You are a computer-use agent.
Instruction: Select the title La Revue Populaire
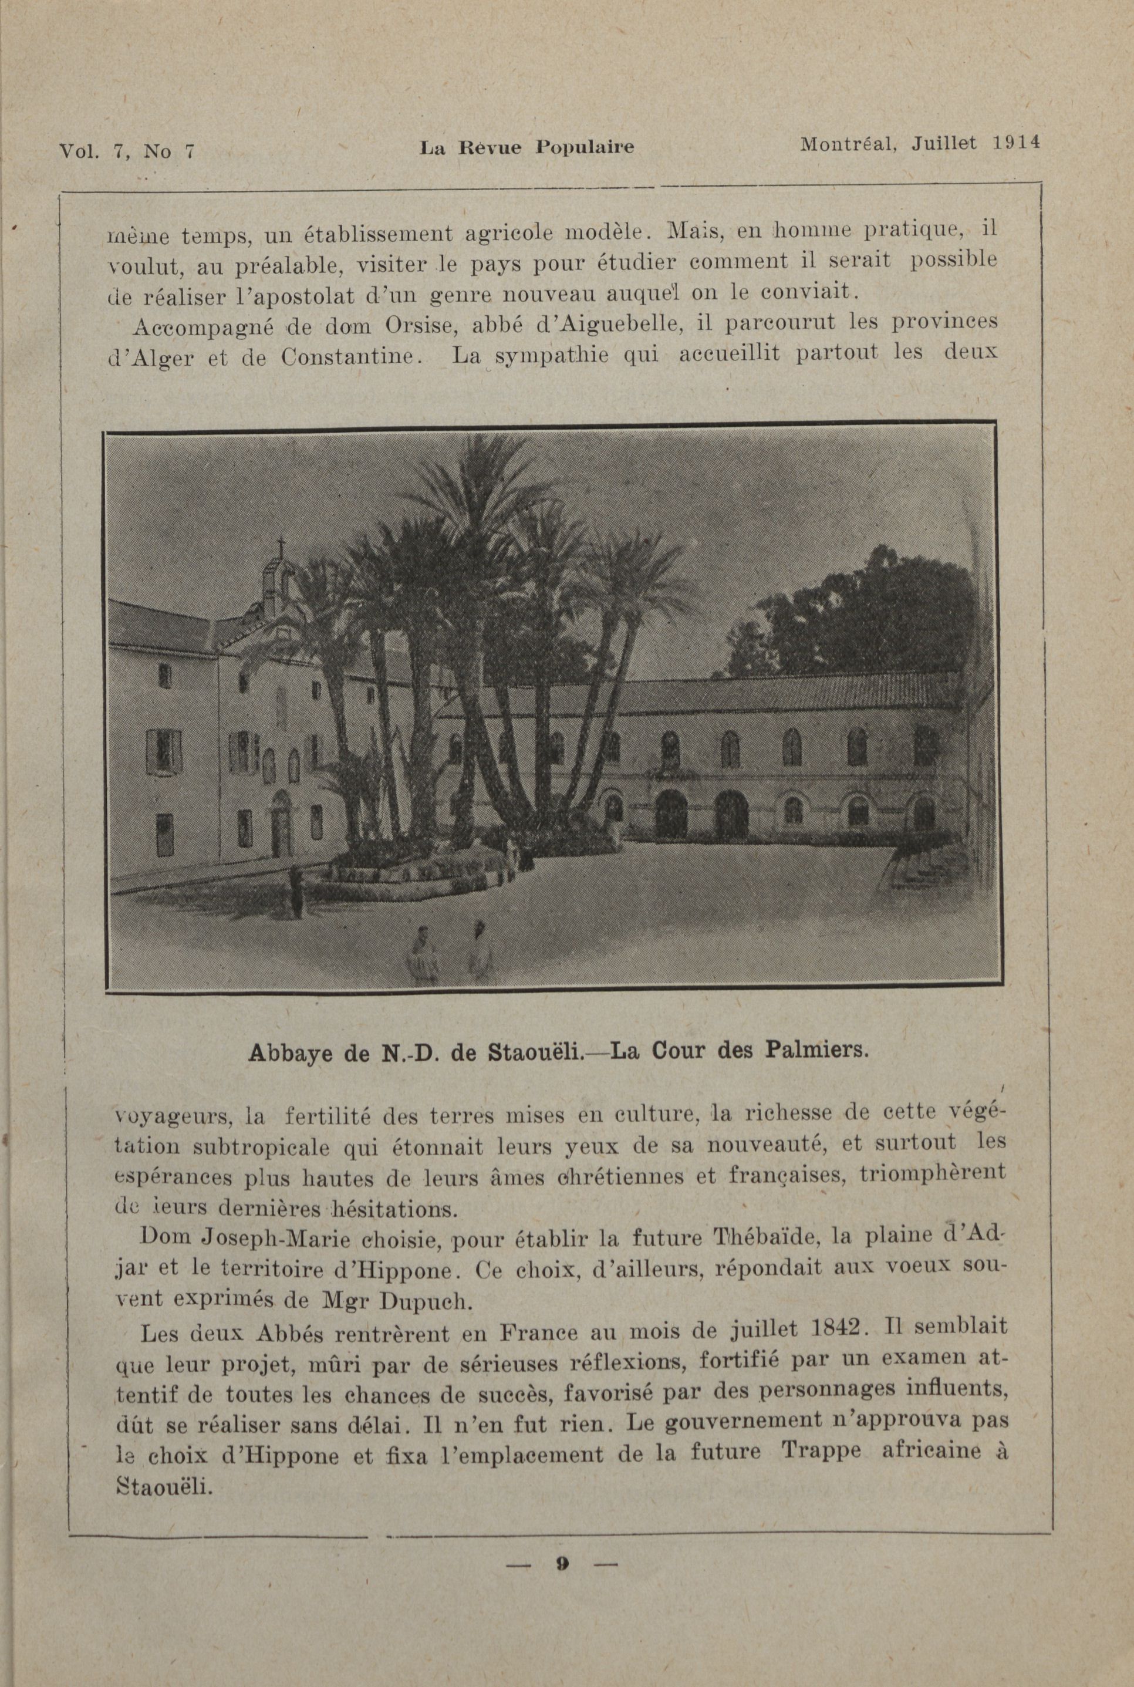(x=526, y=147)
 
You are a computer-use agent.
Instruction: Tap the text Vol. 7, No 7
(x=127, y=151)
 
